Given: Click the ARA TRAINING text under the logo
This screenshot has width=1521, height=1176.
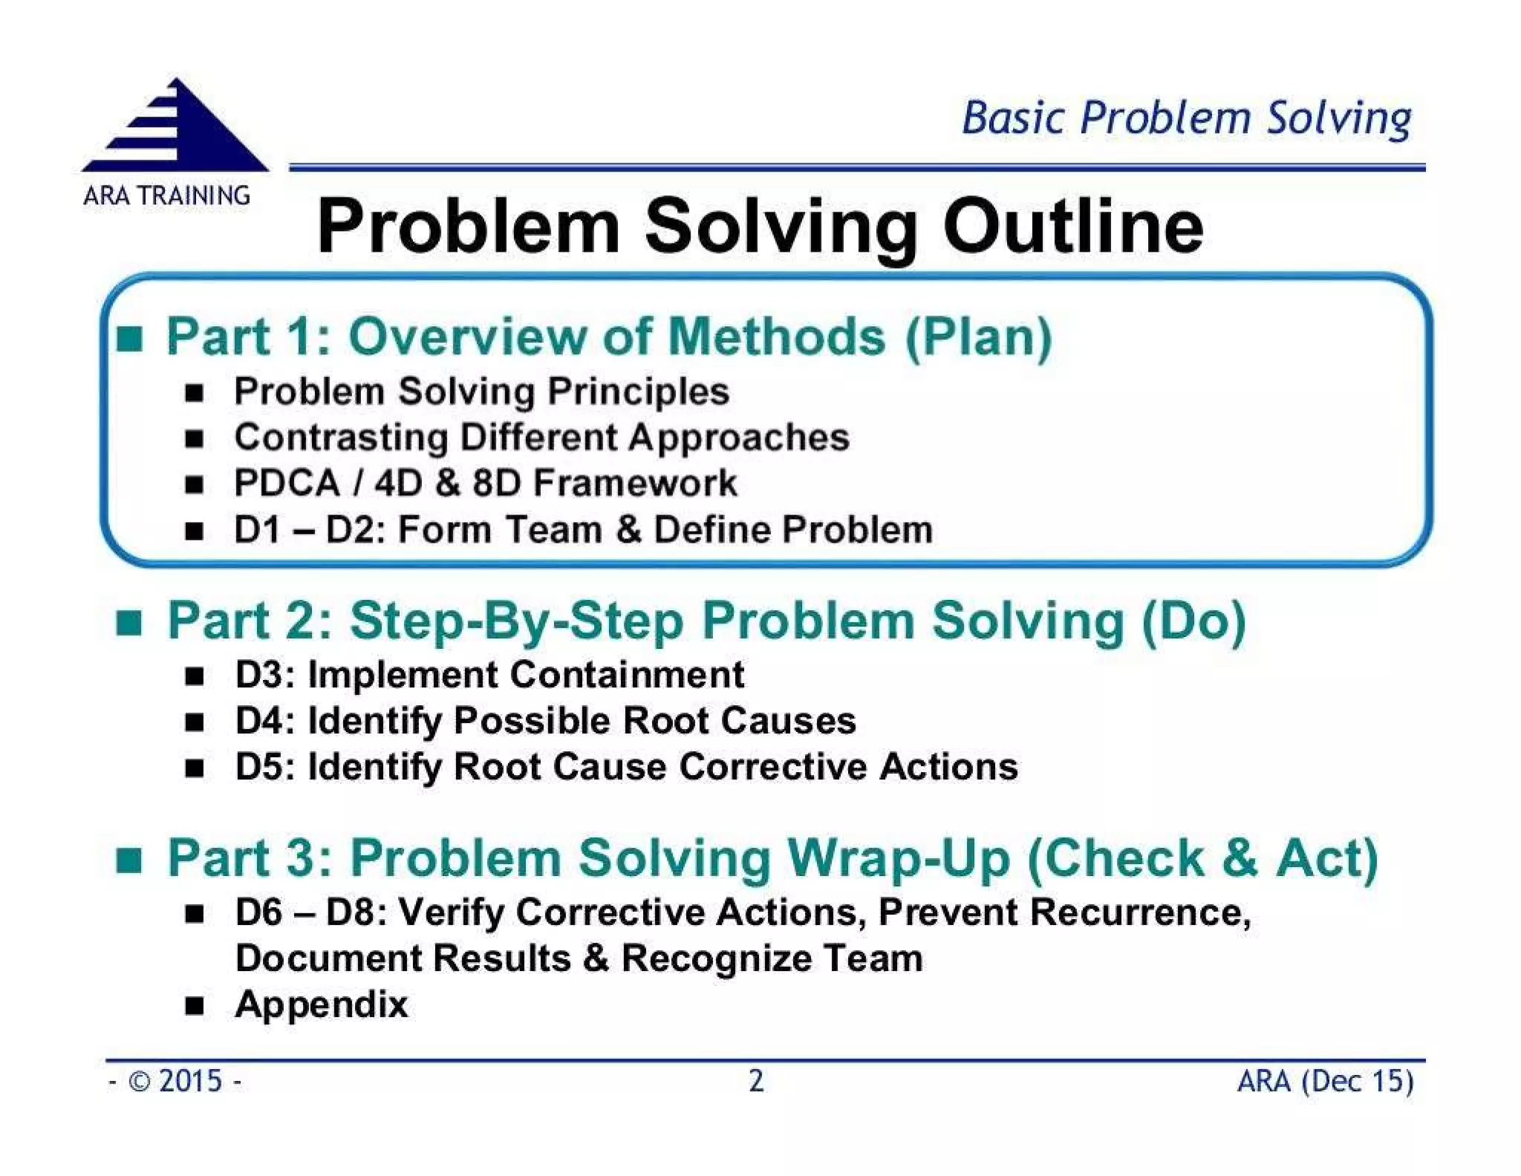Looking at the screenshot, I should click(166, 196).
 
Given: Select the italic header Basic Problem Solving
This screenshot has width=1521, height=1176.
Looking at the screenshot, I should click(1186, 119).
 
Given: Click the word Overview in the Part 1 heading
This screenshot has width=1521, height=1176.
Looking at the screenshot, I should click(467, 336).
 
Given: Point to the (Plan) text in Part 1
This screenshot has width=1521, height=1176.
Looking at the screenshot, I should click(978, 337).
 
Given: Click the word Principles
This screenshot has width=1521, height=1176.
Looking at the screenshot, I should click(638, 391).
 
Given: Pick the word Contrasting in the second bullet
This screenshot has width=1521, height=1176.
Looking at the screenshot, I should click(340, 437).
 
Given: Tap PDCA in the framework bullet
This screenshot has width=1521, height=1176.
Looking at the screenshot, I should click(287, 483).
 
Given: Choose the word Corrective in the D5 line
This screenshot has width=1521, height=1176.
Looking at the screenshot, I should click(772, 767).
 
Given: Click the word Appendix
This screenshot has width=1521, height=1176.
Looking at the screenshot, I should click(321, 1005).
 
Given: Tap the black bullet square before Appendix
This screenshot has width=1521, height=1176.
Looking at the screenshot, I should click(195, 1005).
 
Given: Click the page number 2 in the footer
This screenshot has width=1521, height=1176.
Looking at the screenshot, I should click(756, 1081).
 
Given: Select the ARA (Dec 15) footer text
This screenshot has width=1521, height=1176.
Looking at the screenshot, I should click(1325, 1081).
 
